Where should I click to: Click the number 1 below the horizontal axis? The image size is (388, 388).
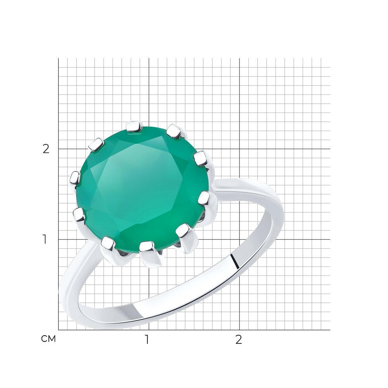[147, 340]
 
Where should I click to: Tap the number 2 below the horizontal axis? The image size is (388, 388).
[238, 340]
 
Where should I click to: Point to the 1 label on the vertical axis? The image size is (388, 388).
[45, 239]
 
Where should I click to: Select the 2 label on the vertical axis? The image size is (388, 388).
[46, 149]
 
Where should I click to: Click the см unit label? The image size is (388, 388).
[48, 339]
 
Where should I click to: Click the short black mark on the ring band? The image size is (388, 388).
[235, 261]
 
